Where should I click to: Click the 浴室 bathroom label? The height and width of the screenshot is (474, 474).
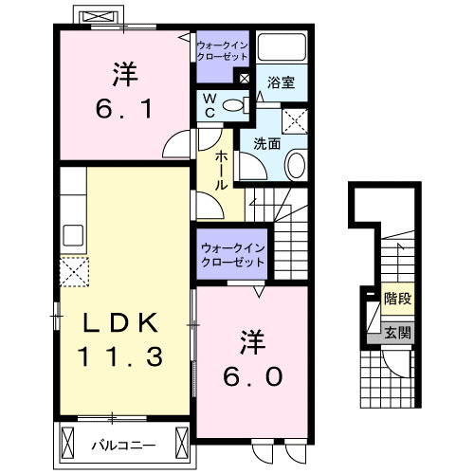pos(281,82)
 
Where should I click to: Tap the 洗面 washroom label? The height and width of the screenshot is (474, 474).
pos(267,144)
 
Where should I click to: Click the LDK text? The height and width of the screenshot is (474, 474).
pos(118,321)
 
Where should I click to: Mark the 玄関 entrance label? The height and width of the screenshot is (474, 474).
pos(398,332)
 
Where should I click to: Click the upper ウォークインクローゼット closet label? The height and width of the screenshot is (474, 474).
pos(222,50)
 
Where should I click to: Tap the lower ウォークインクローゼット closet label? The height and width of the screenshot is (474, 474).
pos(232,256)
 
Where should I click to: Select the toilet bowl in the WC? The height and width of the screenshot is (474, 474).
pos(237,105)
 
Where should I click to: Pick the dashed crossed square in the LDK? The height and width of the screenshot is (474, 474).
pos(73,272)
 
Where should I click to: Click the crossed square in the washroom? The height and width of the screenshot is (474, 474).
pos(297,120)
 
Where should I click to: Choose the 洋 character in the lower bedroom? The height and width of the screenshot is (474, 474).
pos(251,338)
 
